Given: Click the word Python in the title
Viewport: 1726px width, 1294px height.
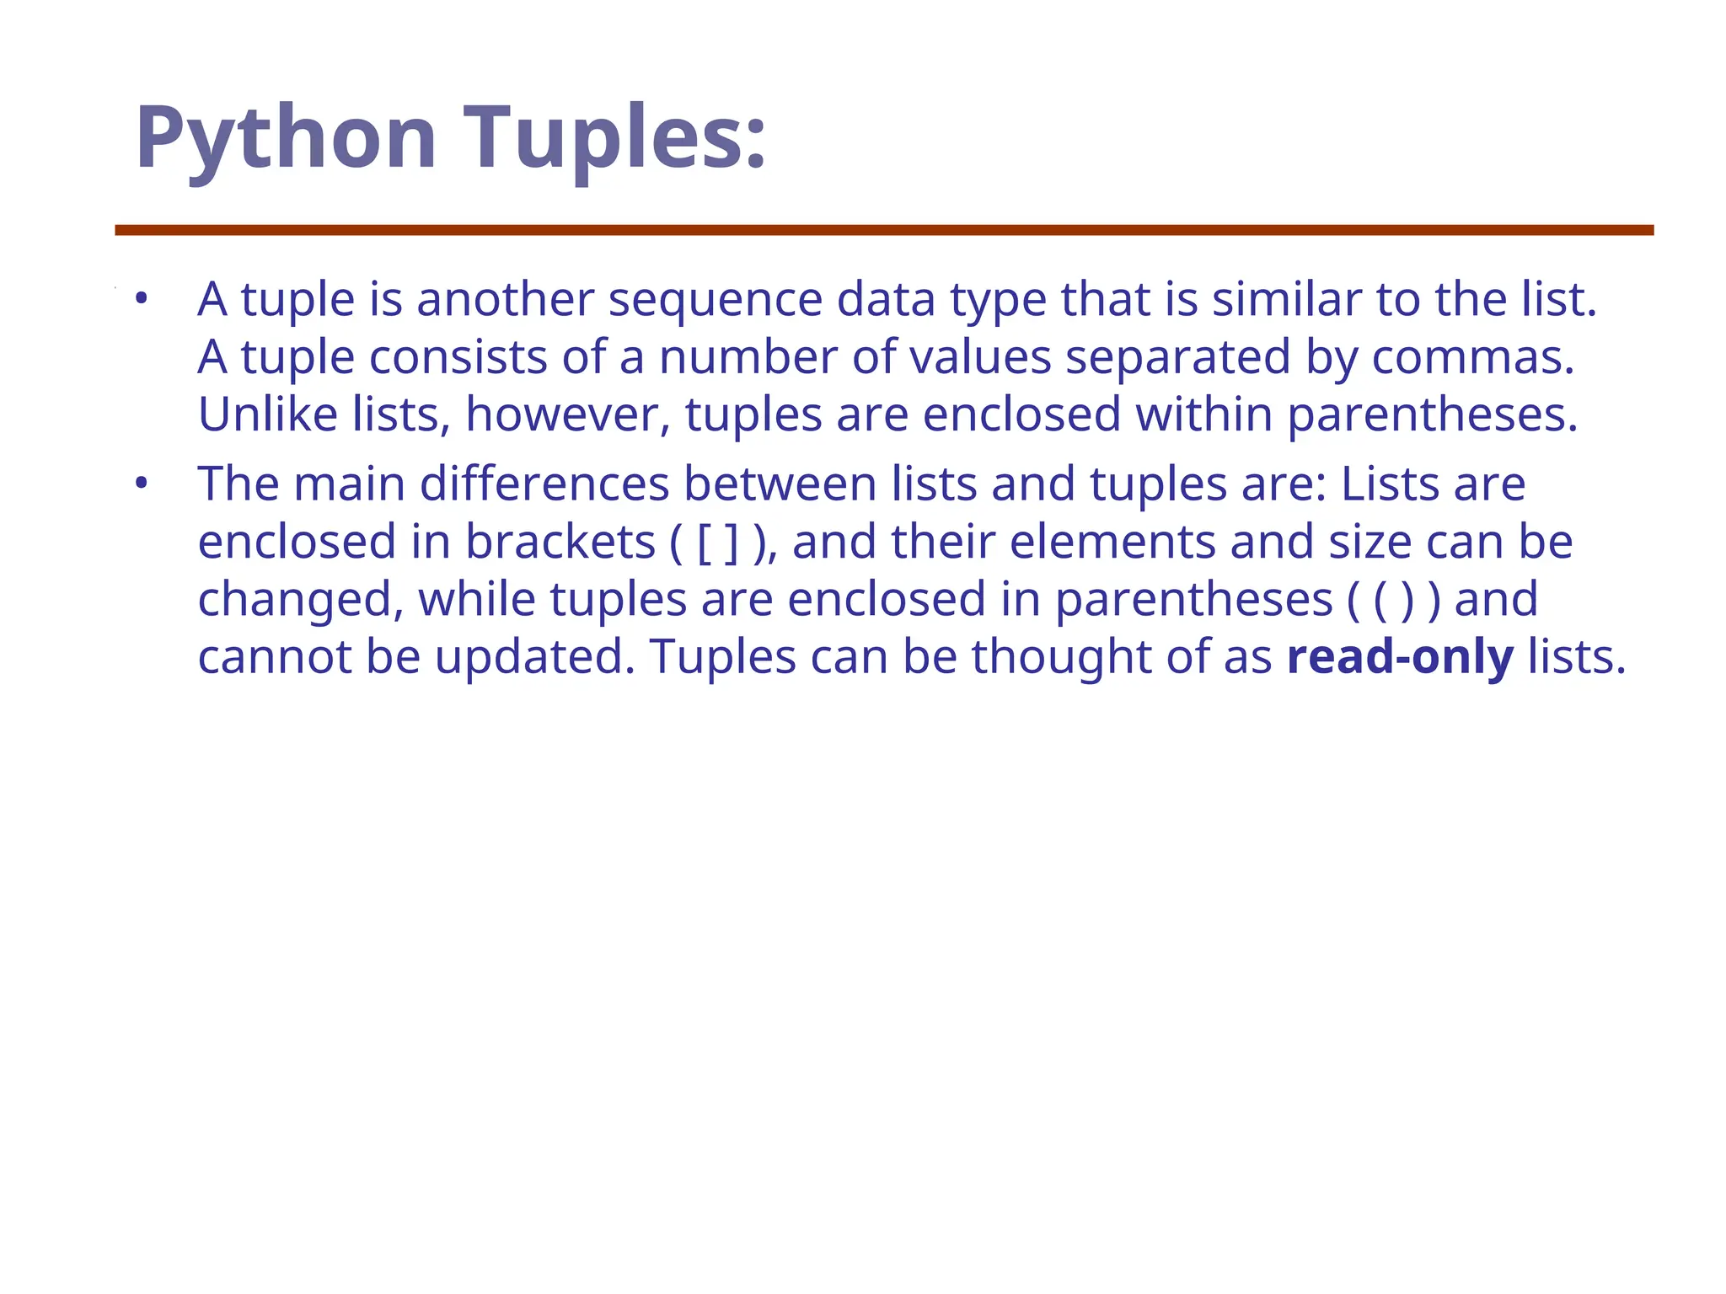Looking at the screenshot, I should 286,139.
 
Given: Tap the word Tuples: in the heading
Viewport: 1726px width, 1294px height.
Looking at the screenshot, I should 615,139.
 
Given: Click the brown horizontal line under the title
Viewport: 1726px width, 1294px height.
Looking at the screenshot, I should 884,230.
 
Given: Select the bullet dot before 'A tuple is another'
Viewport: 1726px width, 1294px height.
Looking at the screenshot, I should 141,298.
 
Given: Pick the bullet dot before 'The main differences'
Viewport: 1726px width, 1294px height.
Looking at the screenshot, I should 141,484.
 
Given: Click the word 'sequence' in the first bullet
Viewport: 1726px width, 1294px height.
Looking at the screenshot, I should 715,300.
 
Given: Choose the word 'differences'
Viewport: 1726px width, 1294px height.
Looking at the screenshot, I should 544,484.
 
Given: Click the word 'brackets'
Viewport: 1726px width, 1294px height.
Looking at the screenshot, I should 560,543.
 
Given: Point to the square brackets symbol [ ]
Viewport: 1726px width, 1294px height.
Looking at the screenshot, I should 718,543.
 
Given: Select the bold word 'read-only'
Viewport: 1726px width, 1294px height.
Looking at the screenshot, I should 1400,658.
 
